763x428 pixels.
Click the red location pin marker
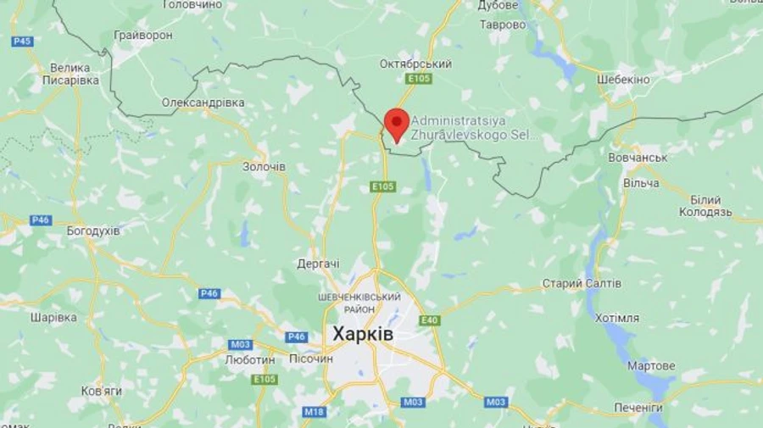click(397, 124)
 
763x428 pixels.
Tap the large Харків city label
click(363, 334)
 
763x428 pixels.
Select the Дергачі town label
click(319, 264)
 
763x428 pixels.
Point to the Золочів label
click(264, 166)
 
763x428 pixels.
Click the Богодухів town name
click(93, 231)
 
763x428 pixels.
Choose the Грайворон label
click(143, 36)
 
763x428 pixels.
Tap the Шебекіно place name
click(623, 80)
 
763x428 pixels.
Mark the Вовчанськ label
click(638, 158)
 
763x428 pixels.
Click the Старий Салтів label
click(582, 283)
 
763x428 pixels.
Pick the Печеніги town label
click(638, 408)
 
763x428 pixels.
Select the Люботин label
click(250, 359)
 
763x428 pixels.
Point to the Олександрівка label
click(203, 103)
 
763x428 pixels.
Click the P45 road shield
click(23, 41)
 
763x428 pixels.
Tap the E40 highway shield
click(430, 320)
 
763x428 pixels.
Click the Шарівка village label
click(53, 318)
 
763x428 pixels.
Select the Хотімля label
click(617, 318)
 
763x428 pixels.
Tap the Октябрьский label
click(415, 64)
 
